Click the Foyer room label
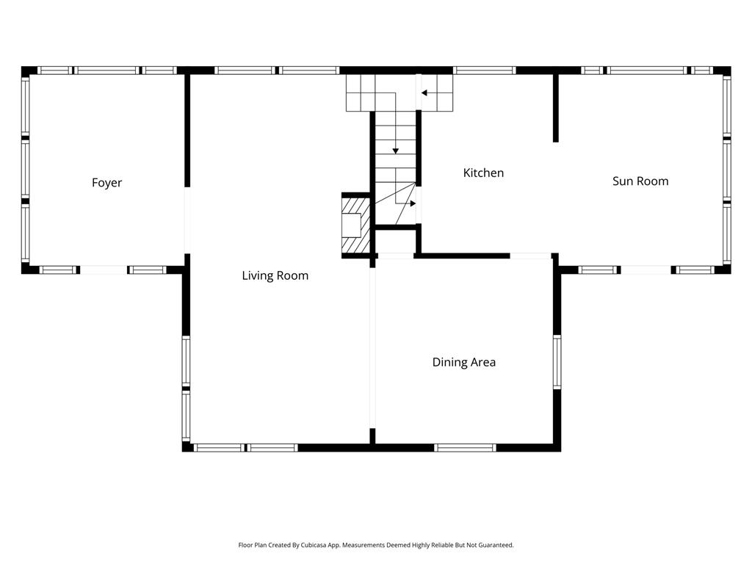106,183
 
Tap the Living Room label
275,275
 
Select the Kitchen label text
483,173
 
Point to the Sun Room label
640,181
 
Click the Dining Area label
464,362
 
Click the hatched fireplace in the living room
356,225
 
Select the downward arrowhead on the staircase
396,151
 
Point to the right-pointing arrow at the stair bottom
413,203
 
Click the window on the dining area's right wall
557,361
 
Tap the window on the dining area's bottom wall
465,448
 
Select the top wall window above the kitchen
485,70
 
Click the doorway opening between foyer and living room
187,220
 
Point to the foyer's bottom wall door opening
104,270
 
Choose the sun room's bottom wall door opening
646,270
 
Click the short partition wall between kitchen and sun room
556,108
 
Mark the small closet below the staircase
395,242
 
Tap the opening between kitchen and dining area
530,256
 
